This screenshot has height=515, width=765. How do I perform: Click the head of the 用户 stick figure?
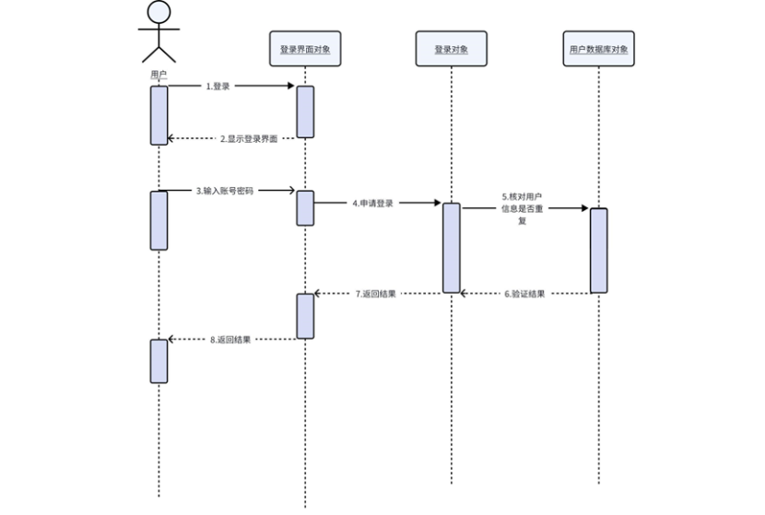(x=159, y=12)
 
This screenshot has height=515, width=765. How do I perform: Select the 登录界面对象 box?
(x=304, y=49)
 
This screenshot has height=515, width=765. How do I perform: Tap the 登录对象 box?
(x=451, y=49)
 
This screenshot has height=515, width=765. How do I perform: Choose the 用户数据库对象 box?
(x=598, y=49)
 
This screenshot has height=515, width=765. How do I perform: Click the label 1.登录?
(x=218, y=87)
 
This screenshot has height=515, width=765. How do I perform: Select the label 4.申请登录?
(x=372, y=204)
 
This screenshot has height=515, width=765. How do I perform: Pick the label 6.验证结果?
(x=524, y=294)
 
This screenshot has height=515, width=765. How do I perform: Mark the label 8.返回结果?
(x=229, y=340)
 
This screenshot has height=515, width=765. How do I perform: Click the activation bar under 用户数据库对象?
(x=598, y=250)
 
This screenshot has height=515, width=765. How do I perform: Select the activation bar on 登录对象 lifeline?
(x=451, y=247)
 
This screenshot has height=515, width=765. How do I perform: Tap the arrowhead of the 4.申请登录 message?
(x=437, y=204)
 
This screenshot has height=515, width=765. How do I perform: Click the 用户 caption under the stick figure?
(x=159, y=74)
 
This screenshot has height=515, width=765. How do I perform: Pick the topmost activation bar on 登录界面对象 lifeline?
(x=305, y=111)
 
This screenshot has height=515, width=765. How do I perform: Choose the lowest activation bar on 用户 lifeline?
(x=159, y=360)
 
